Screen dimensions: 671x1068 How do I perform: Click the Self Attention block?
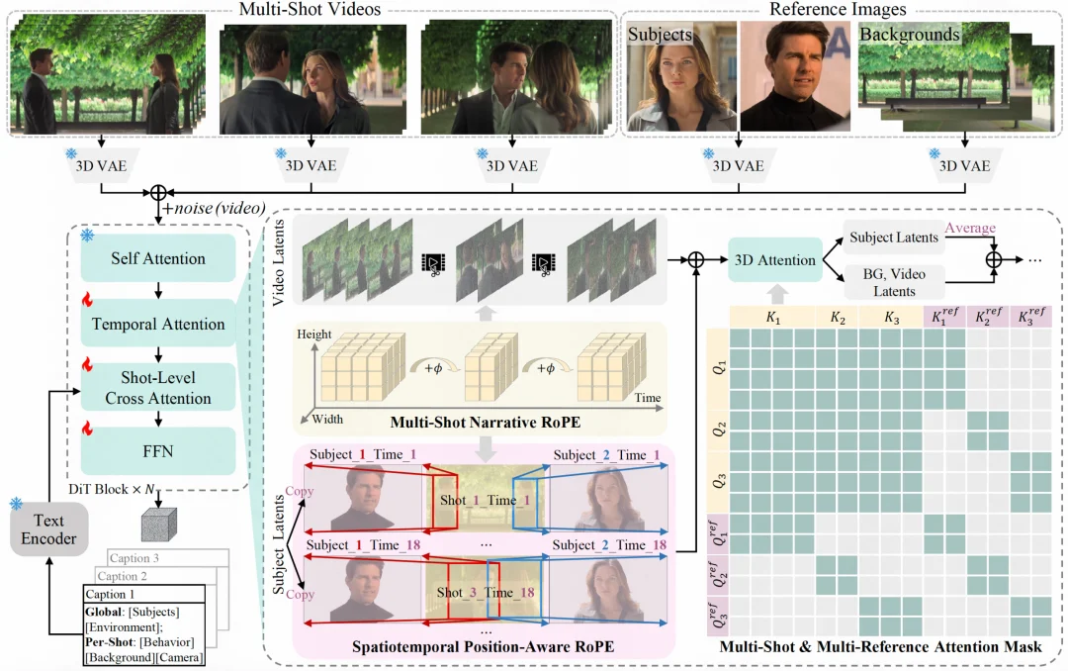point(158,259)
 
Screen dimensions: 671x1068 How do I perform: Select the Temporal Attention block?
point(158,324)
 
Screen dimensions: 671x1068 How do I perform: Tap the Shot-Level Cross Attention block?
point(158,388)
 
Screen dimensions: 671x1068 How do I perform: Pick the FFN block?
point(158,450)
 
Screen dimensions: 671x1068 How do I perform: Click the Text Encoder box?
point(44,528)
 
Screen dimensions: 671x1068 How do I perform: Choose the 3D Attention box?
point(775,260)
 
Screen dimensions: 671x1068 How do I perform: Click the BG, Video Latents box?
point(893,283)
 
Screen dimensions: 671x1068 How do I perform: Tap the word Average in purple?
point(970,229)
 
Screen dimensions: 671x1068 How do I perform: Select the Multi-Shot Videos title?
point(311,10)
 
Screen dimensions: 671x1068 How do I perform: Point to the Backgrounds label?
point(909,35)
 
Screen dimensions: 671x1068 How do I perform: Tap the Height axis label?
point(315,335)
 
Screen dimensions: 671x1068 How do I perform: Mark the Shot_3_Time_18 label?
point(487,592)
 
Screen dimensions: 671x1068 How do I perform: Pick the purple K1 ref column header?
point(943,317)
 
